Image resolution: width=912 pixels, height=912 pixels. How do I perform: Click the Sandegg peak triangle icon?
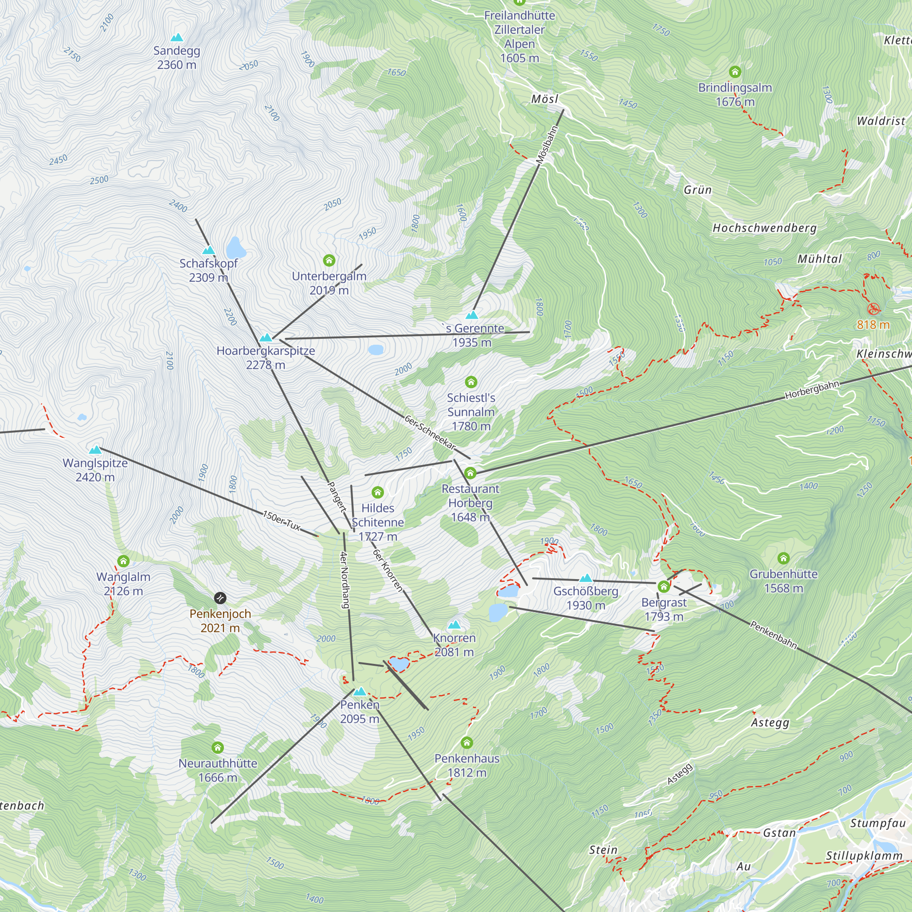coord(176,37)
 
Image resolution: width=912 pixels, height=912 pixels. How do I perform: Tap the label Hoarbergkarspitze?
coord(266,351)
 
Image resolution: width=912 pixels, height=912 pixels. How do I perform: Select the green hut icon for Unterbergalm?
coord(329,260)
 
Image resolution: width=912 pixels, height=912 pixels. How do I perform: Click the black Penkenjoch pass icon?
coord(220,598)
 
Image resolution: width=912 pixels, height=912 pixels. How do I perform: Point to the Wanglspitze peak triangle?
coord(95,450)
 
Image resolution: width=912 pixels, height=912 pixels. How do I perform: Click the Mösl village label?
coord(544,98)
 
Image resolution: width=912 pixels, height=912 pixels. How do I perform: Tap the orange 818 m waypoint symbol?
coord(874,309)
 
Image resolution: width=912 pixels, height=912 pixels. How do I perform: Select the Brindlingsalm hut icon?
coord(735,72)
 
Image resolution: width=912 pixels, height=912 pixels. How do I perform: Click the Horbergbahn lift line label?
coord(812,390)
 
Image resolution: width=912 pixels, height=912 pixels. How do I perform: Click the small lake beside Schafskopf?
coord(236,247)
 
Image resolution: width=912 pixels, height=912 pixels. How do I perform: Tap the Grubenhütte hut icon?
coord(783,559)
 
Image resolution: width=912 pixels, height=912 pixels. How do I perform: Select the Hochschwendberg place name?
coord(764,228)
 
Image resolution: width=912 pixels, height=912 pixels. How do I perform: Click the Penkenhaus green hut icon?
coord(466,743)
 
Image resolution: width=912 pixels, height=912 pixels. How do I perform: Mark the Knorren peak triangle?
coord(454,625)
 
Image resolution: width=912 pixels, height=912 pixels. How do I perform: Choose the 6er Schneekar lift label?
coord(430,432)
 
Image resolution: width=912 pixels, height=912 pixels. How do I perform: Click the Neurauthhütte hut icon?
coord(217,748)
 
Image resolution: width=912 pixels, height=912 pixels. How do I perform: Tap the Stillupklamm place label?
coord(864,856)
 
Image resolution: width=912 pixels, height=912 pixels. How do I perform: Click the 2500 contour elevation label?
coord(99,180)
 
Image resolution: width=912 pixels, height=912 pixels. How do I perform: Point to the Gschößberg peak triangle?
coord(586,578)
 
